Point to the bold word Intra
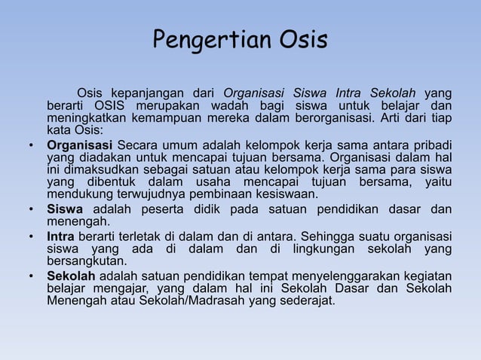coord(61,236)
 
